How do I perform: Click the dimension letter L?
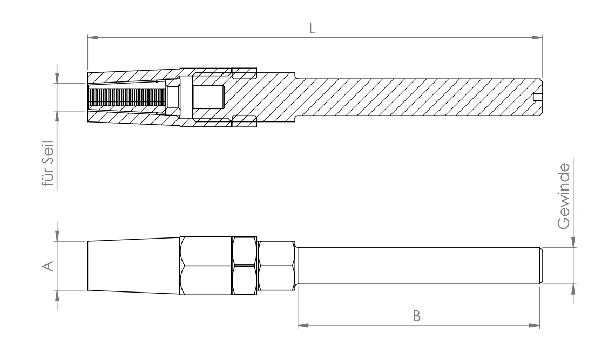[312, 30]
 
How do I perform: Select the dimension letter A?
[49, 266]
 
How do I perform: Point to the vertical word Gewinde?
[564, 196]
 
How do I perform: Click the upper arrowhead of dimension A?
[57, 235]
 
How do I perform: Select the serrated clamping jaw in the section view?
[127, 97]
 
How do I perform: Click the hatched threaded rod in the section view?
[416, 97]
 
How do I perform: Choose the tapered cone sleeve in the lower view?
[133, 266]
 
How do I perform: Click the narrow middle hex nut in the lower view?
[245, 266]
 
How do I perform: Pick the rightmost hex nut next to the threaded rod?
[277, 266]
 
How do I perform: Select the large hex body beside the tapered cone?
[205, 266]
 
